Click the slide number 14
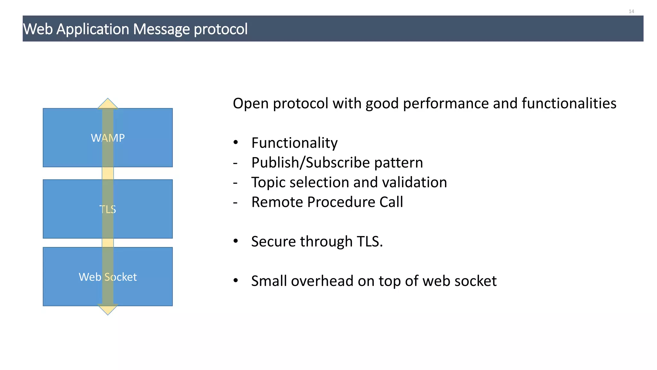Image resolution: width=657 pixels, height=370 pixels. (631, 12)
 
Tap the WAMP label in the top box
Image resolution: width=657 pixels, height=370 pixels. (108, 138)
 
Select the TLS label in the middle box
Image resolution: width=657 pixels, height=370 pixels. (108, 209)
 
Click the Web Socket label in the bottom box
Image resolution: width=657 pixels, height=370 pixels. (108, 277)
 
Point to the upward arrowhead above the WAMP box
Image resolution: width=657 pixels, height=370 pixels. (108, 104)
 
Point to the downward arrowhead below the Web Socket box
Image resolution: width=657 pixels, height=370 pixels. (108, 310)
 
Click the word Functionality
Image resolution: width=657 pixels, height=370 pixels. (294, 143)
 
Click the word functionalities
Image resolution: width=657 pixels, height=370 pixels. (569, 104)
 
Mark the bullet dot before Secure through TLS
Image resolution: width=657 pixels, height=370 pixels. (236, 241)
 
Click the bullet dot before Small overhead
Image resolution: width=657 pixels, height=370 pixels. (236, 280)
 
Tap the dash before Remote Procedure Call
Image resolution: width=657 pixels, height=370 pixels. (235, 203)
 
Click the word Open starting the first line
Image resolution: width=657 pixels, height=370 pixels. (251, 104)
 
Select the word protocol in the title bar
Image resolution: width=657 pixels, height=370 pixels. (220, 29)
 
